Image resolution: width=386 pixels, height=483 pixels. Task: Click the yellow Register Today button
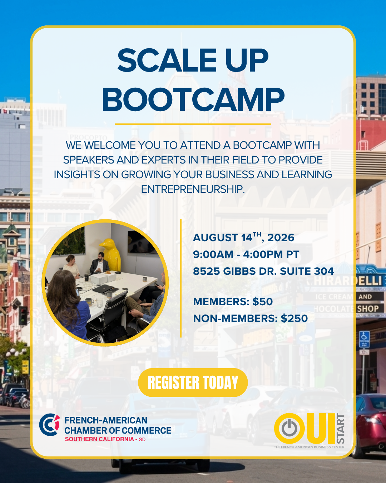click(x=193, y=382)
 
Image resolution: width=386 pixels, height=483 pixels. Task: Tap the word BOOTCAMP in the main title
click(x=193, y=99)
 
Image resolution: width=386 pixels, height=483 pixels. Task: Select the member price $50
click(x=262, y=302)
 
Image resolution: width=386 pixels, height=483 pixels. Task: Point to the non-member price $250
click(x=294, y=318)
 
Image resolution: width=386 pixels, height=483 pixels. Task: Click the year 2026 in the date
click(x=281, y=238)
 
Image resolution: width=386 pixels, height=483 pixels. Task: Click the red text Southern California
click(x=100, y=439)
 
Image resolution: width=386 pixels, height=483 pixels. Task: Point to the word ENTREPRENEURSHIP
click(x=193, y=189)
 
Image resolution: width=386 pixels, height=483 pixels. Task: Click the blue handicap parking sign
click(x=364, y=340)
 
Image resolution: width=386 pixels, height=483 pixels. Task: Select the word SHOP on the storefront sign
click(x=368, y=309)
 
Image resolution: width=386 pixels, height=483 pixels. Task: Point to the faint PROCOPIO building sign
click(x=88, y=137)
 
